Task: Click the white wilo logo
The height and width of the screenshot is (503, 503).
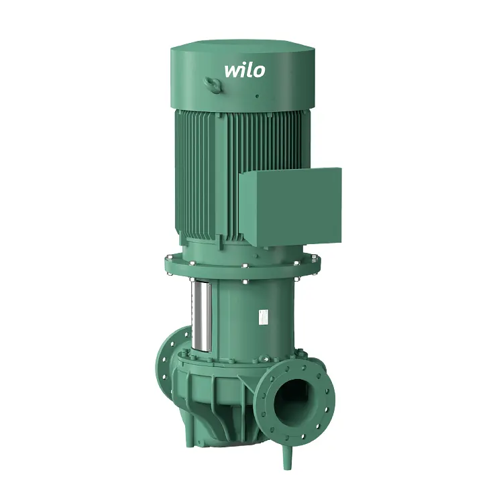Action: [245, 70]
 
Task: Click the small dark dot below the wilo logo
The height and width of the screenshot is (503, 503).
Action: [257, 96]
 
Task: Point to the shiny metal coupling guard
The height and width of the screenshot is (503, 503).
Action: [201, 316]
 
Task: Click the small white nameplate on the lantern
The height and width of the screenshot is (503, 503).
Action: [264, 317]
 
